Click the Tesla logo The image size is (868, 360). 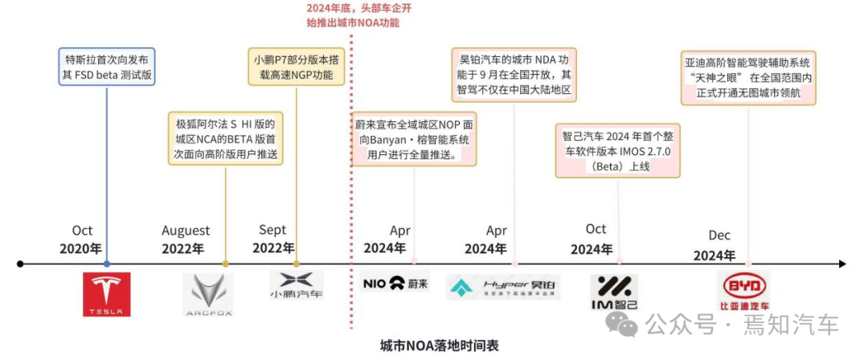(x=106, y=294)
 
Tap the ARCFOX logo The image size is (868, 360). (x=207, y=294)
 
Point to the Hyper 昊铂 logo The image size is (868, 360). (x=504, y=287)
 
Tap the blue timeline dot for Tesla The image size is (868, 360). (x=106, y=264)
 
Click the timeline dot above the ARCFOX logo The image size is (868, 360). (x=225, y=264)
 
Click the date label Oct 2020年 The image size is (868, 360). (x=80, y=239)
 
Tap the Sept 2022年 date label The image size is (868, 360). (x=273, y=239)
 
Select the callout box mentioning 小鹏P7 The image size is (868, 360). (x=297, y=67)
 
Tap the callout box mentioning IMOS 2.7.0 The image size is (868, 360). (x=618, y=150)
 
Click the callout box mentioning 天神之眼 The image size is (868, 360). (x=748, y=78)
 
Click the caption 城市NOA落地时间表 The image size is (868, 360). (x=440, y=346)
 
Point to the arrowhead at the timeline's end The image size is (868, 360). (x=842, y=264)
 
